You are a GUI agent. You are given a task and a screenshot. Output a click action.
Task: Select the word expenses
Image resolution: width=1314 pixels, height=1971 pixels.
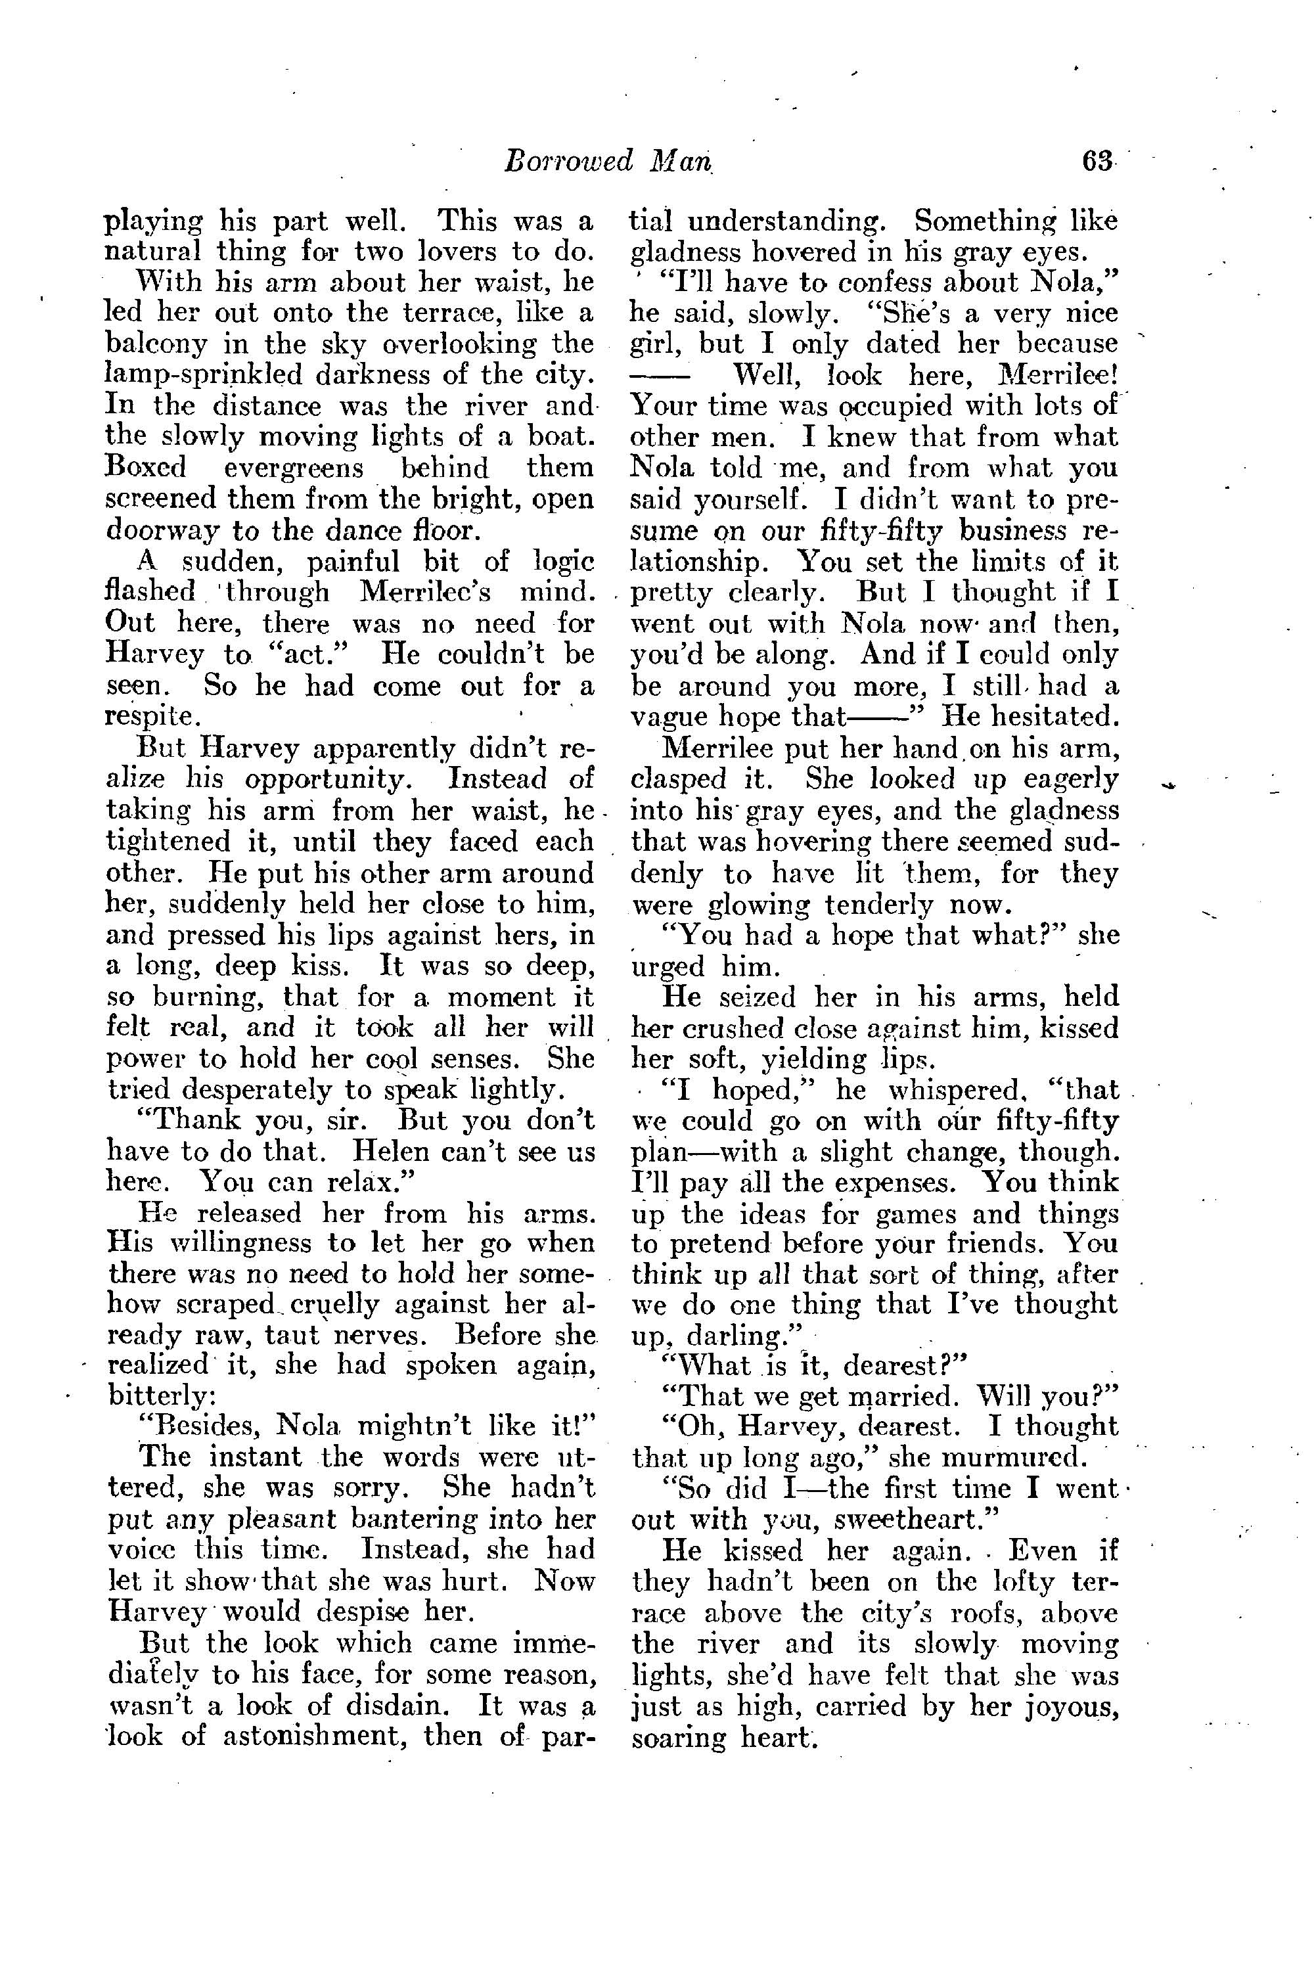(897, 1183)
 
